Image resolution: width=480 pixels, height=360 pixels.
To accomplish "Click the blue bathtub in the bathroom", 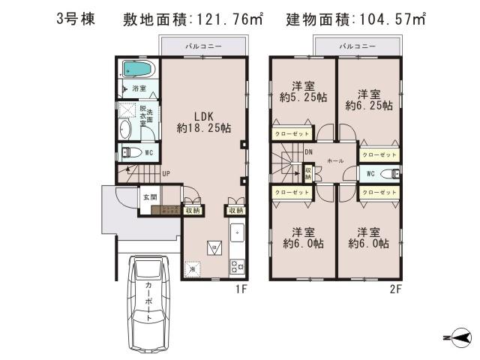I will click(137, 70).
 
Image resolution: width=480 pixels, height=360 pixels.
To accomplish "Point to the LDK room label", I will click(204, 116).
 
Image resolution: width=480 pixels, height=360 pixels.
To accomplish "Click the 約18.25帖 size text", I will click(204, 129).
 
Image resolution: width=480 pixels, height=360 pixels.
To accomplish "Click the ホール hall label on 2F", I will click(336, 160).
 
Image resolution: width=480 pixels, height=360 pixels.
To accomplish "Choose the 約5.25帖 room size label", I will click(303, 97).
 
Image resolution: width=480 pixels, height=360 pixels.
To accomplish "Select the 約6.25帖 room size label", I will click(368, 106).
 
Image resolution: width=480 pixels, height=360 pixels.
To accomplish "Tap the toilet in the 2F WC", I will click(388, 174).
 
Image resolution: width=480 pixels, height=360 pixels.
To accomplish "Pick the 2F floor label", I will click(394, 288).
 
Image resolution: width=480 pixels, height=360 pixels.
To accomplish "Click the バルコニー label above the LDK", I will click(203, 46).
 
